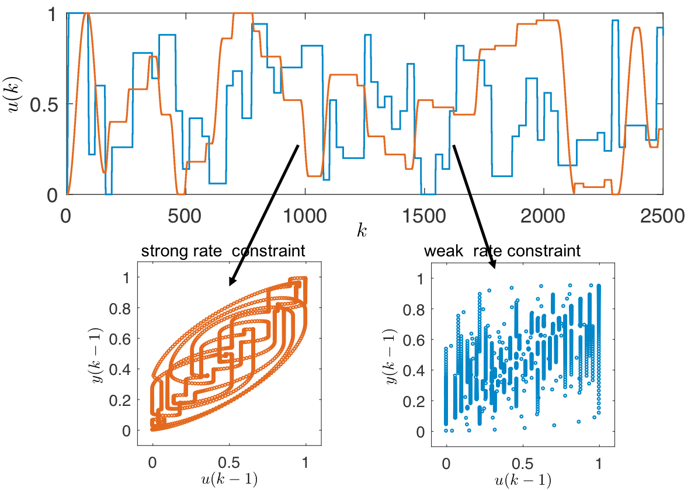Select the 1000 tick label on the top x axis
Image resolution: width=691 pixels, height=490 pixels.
(x=304, y=216)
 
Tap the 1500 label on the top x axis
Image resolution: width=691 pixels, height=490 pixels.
(x=424, y=216)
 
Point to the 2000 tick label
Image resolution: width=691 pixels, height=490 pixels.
(x=543, y=216)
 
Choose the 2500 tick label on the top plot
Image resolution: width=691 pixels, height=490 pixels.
(x=662, y=216)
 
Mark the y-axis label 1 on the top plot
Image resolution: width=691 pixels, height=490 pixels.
(x=51, y=14)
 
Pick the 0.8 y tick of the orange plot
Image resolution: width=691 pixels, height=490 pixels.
(x=120, y=308)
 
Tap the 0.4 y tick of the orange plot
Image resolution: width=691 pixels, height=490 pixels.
(x=120, y=369)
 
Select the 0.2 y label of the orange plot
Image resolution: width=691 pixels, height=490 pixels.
(x=120, y=400)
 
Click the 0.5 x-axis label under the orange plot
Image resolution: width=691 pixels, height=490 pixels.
(x=229, y=463)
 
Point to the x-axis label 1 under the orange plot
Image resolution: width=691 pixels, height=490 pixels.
(x=305, y=463)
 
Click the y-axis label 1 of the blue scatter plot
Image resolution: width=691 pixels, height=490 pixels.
(x=420, y=279)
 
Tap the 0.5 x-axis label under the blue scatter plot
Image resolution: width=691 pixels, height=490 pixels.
(x=523, y=463)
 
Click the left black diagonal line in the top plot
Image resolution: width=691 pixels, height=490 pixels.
(x=286, y=169)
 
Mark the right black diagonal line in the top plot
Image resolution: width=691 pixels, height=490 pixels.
(x=461, y=169)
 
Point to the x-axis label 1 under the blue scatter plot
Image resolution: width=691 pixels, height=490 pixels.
(x=599, y=463)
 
